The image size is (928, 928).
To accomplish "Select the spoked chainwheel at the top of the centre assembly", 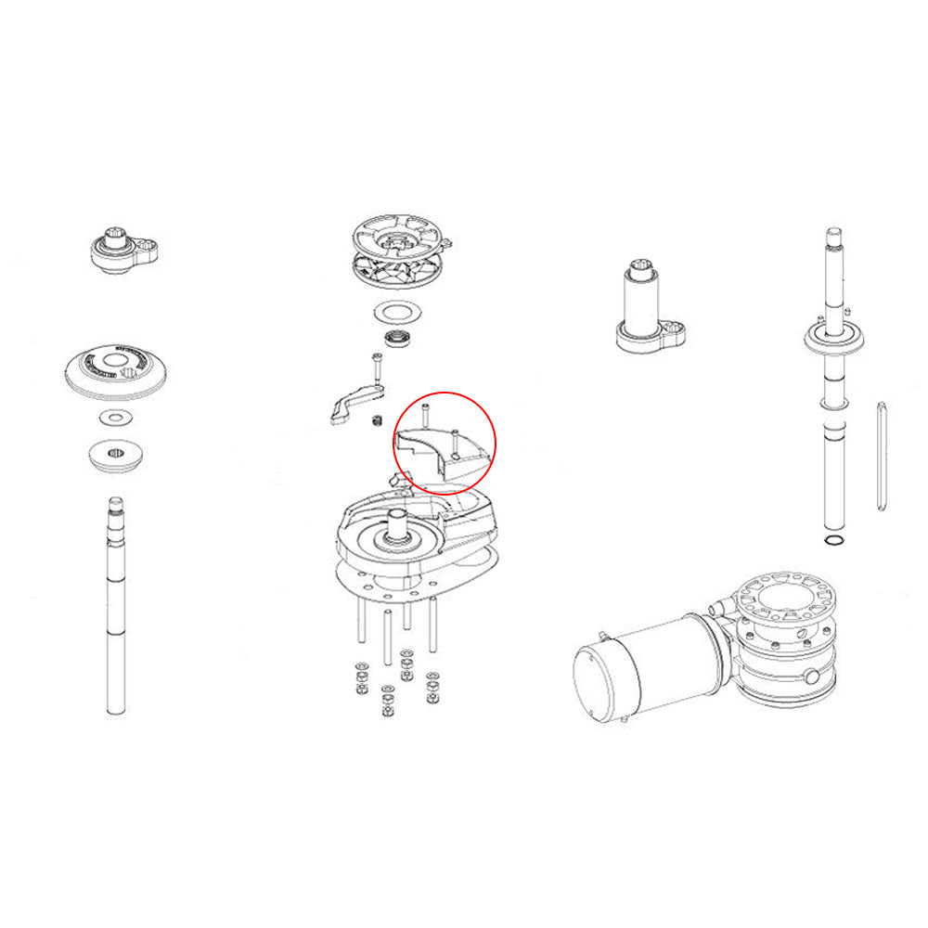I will coord(401,249).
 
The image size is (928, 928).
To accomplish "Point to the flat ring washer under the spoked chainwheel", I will coord(398,311).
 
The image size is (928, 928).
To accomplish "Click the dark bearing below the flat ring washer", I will coord(398,339).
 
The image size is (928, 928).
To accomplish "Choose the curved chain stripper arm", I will coord(351,406).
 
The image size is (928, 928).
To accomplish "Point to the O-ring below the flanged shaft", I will coord(833,541).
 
